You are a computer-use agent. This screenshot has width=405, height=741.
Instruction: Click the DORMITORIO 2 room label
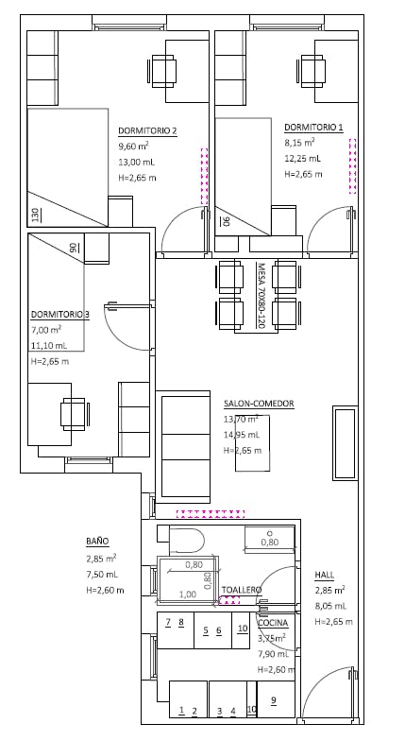click(x=147, y=130)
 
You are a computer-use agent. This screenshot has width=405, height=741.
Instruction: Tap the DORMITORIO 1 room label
click(x=313, y=127)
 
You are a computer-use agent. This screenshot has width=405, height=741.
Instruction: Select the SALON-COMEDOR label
click(x=259, y=404)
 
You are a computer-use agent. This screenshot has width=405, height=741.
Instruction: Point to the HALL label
click(x=325, y=575)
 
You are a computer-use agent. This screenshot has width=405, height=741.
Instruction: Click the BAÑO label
click(x=97, y=541)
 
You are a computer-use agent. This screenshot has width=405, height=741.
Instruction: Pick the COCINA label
click(x=273, y=624)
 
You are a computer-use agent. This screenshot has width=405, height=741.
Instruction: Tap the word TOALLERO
click(x=242, y=590)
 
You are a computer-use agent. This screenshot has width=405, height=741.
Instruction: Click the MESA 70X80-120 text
click(x=261, y=295)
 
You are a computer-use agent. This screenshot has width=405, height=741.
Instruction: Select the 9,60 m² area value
click(x=134, y=146)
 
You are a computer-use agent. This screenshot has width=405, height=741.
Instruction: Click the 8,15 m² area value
click(x=299, y=142)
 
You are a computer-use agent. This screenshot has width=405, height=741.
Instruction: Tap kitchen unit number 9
click(x=274, y=700)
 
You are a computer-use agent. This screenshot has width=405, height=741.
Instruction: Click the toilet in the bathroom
click(x=186, y=542)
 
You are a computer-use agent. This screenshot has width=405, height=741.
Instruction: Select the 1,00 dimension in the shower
click(x=188, y=595)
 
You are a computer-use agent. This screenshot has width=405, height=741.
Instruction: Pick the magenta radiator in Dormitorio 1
click(x=352, y=166)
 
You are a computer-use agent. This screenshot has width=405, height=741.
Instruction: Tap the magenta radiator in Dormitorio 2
click(x=204, y=176)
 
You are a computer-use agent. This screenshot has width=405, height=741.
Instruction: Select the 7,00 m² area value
click(x=46, y=329)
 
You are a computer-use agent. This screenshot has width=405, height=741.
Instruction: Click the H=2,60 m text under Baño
click(x=105, y=590)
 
